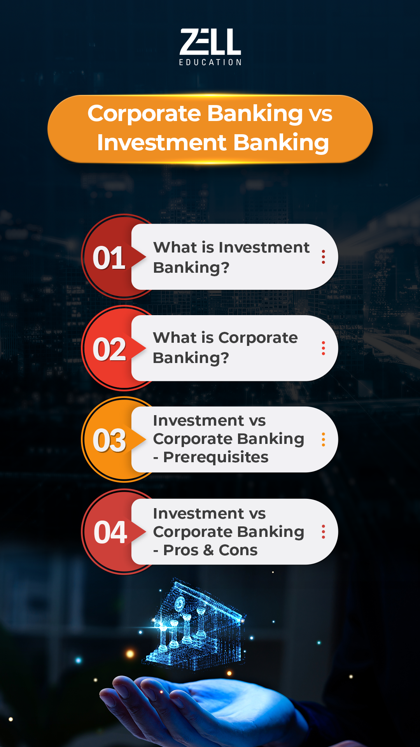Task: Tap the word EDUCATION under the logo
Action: coord(210,62)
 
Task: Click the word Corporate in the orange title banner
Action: coord(144,114)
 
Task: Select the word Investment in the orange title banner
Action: coord(162,142)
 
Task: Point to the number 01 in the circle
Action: coord(109,258)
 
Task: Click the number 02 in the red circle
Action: coord(109,349)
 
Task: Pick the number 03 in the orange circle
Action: coord(109,440)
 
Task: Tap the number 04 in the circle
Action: coord(110,532)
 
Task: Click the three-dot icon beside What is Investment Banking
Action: coord(323,257)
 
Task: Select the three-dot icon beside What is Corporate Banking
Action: coord(323,348)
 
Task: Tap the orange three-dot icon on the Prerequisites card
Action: coord(323,440)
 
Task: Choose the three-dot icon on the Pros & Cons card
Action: coord(323,532)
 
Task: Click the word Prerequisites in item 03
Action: coord(216,458)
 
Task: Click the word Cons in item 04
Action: coord(238,550)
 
